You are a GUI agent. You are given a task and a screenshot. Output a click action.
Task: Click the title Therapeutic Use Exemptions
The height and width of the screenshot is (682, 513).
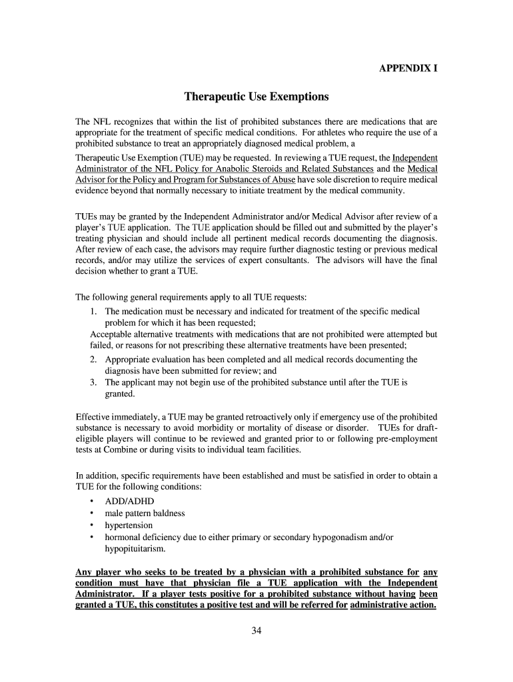click(256, 97)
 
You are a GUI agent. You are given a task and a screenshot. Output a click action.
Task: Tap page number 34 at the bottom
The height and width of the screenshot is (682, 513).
click(256, 632)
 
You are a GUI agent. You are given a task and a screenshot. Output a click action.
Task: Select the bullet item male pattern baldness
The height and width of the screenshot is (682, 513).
click(145, 513)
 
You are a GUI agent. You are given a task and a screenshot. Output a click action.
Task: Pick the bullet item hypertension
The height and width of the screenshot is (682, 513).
click(129, 525)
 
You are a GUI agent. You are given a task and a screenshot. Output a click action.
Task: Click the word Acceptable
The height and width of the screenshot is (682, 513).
click(113, 334)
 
